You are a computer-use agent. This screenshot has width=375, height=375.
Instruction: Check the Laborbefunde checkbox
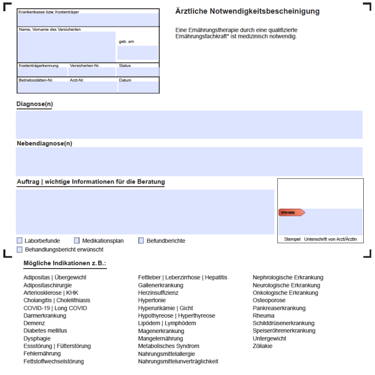tap(20, 241)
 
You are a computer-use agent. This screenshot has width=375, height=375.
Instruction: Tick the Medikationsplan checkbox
tap(77, 241)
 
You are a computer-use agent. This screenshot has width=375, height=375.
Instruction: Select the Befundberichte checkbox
tap(142, 241)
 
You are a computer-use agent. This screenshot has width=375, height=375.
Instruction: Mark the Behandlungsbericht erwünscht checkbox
tap(20, 250)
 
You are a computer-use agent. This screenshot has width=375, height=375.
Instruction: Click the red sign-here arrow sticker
tap(292, 212)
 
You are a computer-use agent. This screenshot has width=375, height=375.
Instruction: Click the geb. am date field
tap(137, 53)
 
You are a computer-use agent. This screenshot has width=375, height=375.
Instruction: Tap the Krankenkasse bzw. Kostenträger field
tap(88, 20)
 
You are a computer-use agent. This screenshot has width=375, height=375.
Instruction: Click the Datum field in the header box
tap(138, 87)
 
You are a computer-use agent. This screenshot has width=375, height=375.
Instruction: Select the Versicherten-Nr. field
tap(92, 72)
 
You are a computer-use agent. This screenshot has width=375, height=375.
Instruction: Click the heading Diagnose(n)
tap(35, 104)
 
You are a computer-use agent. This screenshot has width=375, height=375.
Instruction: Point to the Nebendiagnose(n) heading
tap(44, 144)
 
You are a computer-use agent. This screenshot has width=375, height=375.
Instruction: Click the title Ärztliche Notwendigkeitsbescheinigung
tap(248, 11)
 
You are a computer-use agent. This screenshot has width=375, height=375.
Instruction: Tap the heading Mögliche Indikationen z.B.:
tap(65, 264)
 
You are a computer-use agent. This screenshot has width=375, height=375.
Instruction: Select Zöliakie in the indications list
tap(263, 346)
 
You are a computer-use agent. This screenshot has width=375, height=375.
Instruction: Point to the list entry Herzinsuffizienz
tap(158, 292)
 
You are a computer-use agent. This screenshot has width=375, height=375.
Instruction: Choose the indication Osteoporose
tap(269, 300)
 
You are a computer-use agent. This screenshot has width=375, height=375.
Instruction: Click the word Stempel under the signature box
tap(292, 239)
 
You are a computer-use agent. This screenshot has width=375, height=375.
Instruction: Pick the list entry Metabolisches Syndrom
tap(168, 346)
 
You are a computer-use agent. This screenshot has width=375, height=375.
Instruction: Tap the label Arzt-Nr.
tap(77, 80)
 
